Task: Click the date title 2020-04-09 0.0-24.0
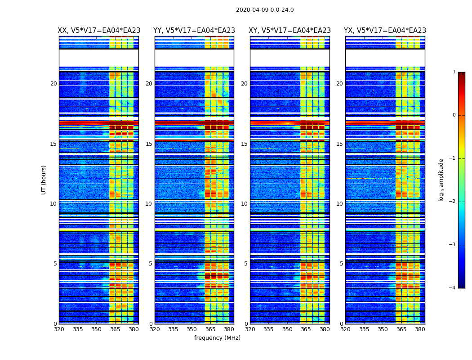click(x=265, y=10)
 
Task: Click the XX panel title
click(x=99, y=31)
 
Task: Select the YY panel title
click(x=194, y=31)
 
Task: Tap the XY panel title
click(x=290, y=31)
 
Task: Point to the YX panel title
click(x=385, y=31)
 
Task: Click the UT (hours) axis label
click(x=44, y=180)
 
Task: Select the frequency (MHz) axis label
click(x=217, y=338)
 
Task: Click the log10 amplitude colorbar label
click(x=441, y=180)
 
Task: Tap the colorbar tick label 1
click(x=454, y=72)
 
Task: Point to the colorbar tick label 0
click(x=454, y=115)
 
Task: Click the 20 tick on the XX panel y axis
click(x=53, y=84)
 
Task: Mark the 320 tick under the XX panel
click(x=59, y=329)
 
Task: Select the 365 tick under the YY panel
click(x=210, y=329)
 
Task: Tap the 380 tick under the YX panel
click(x=420, y=329)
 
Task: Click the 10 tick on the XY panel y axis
click(x=244, y=204)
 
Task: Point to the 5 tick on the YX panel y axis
click(x=341, y=264)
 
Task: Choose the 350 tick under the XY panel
click(x=287, y=329)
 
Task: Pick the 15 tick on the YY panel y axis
click(x=149, y=144)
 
